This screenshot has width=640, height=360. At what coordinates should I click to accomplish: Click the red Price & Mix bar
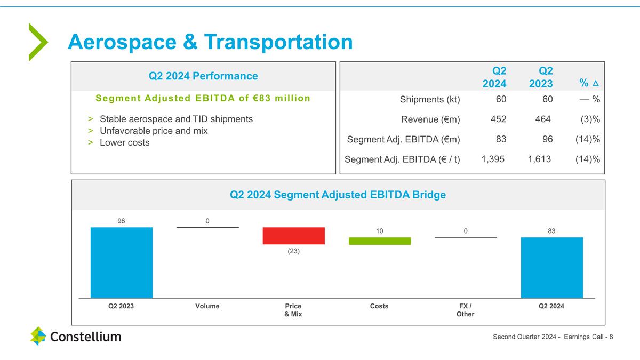293,236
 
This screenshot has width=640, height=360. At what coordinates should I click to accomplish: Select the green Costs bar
380,241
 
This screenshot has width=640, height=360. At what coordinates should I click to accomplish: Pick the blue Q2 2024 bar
551,267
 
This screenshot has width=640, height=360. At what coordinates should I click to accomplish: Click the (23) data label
293,251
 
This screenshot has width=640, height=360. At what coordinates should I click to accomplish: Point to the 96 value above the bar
122,220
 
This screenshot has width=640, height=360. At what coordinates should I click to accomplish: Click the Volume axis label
207,306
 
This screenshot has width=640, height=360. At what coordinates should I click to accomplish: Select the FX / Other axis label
466,310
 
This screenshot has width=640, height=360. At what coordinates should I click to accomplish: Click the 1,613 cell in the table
539,159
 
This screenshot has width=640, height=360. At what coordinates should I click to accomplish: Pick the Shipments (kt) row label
430,99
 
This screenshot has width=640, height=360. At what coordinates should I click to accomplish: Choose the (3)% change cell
589,119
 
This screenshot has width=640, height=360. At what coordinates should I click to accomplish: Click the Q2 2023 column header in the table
541,77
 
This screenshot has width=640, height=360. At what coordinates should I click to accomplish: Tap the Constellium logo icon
38,336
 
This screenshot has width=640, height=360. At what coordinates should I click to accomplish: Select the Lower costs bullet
125,142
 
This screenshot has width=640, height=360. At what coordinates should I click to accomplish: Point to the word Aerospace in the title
122,42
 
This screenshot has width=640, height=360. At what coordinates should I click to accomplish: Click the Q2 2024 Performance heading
203,76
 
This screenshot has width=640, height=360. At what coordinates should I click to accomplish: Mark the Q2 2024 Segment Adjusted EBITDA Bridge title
338,195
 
